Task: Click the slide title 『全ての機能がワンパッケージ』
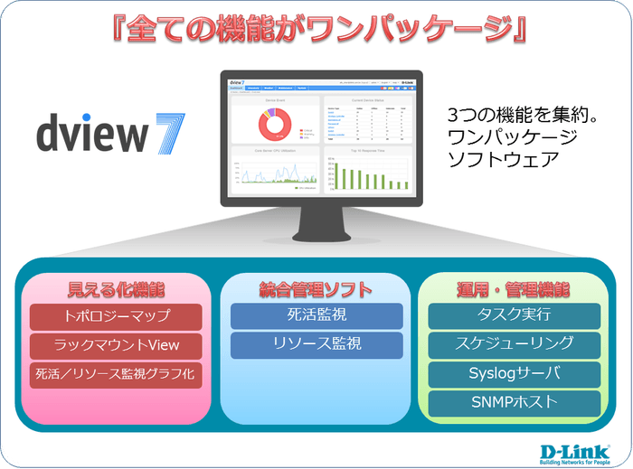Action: click(x=316, y=28)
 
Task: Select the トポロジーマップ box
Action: click(x=116, y=317)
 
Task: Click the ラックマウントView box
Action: click(x=116, y=345)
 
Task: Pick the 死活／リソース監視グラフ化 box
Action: click(x=116, y=373)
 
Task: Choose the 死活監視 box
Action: click(x=316, y=316)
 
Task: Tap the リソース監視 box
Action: click(x=316, y=344)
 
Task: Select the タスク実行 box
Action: click(x=514, y=315)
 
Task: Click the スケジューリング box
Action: click(x=514, y=344)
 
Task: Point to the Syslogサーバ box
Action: click(x=514, y=373)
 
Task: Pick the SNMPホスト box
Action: click(x=514, y=402)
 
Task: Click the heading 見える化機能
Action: click(x=116, y=290)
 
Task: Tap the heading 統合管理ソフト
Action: click(x=316, y=290)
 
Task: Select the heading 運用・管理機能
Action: click(x=514, y=290)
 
